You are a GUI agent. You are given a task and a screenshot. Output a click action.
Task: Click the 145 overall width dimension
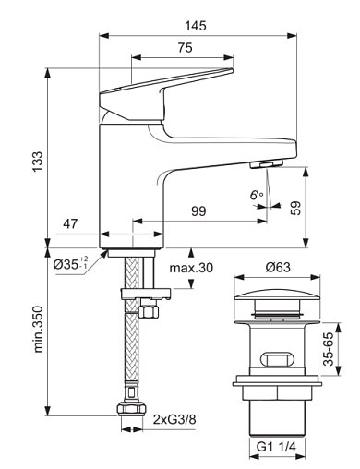point(196,26)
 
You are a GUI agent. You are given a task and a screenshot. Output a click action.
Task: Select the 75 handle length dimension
point(186,48)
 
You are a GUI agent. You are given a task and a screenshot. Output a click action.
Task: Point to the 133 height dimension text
point(38,162)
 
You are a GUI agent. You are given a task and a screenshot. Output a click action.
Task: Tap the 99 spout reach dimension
point(198,211)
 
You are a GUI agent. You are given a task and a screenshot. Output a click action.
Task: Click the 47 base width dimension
point(70,224)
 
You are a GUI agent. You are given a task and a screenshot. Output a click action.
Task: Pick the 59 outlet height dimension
point(295,209)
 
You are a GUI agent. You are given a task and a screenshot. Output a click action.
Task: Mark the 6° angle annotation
point(257,195)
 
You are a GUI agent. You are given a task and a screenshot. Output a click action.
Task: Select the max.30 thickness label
point(191,268)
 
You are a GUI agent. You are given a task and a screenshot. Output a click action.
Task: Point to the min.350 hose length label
point(38,329)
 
